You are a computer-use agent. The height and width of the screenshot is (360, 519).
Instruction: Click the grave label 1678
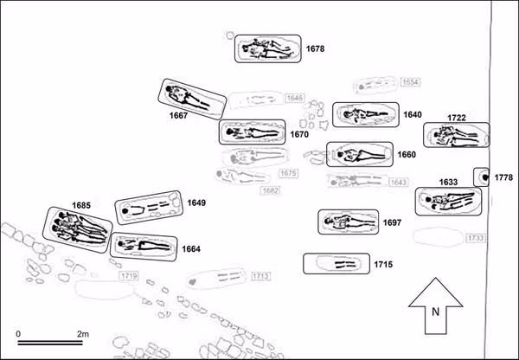click(x=315, y=50)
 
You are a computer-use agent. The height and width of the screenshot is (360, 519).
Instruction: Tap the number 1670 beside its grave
click(x=299, y=135)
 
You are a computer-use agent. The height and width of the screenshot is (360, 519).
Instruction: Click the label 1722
click(x=458, y=117)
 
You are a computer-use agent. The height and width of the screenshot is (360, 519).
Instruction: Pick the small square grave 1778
click(x=481, y=177)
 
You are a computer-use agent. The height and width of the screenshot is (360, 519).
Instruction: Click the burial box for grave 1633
click(x=446, y=202)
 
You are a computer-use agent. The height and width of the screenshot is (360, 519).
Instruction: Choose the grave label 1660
click(x=407, y=155)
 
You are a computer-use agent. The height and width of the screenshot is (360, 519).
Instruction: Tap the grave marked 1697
click(x=349, y=222)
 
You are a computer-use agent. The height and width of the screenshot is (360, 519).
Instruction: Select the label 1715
click(x=384, y=262)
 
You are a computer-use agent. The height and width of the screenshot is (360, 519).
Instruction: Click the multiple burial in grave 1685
click(x=79, y=229)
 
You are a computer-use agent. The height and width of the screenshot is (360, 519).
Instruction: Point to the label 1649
click(x=195, y=203)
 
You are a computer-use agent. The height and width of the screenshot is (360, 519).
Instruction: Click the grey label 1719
click(x=129, y=276)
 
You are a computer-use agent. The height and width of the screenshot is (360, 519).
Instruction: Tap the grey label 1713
click(x=262, y=277)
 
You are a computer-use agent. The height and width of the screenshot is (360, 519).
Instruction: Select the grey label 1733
click(x=475, y=238)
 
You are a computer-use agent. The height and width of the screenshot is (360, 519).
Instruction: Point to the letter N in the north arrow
click(x=437, y=312)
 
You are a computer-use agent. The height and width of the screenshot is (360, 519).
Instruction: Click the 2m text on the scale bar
click(x=84, y=333)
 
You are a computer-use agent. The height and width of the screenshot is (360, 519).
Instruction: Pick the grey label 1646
click(x=295, y=98)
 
